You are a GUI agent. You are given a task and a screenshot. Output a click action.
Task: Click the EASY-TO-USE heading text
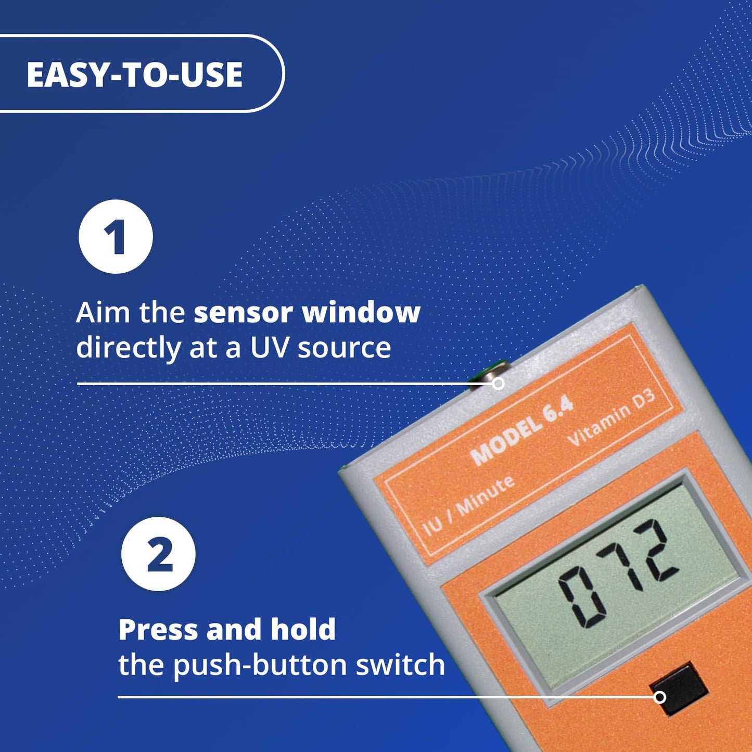point(134,74)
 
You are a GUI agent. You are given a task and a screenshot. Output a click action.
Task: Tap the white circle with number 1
point(116,237)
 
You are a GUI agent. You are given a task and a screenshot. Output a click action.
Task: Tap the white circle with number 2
point(158,554)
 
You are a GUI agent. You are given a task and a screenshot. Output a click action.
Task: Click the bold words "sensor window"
point(307,313)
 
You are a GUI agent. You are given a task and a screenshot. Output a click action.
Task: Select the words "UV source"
point(320,348)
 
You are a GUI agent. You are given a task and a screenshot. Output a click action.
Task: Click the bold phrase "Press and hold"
point(227,629)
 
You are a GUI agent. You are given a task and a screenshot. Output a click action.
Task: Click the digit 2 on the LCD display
point(657,550)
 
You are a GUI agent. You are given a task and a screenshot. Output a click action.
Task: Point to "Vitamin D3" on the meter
point(611,418)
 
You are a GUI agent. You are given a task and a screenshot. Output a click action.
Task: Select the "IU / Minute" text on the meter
point(469,505)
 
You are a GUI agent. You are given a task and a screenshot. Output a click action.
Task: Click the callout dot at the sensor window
point(498,384)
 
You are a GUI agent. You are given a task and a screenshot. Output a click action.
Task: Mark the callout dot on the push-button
point(659,697)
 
